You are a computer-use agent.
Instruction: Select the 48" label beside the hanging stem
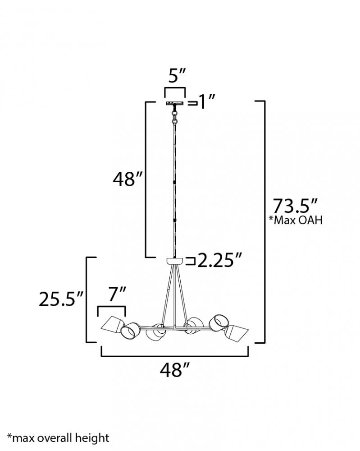click(128, 179)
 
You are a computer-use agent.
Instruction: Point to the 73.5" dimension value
click(295, 206)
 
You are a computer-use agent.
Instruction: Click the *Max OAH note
click(296, 220)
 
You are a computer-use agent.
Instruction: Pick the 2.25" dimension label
click(220, 260)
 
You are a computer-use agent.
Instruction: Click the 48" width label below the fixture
click(175, 370)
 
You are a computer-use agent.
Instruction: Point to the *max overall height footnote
click(58, 438)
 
